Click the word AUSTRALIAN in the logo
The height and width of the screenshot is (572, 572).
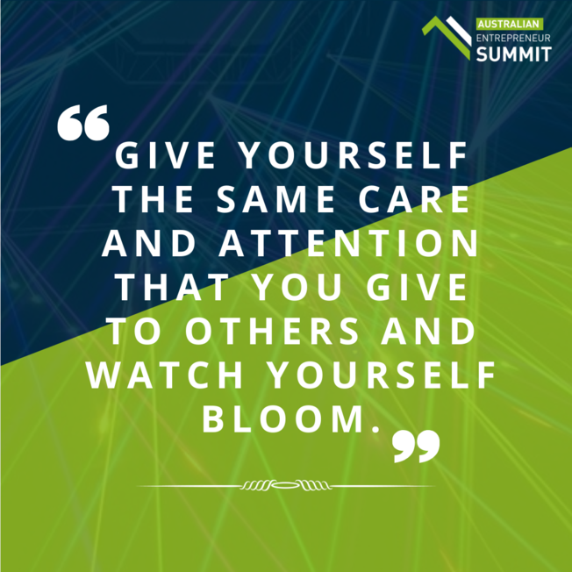508,23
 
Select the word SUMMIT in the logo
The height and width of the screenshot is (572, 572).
513,54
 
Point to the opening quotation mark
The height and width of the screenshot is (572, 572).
82,125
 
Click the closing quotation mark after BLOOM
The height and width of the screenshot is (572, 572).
415,447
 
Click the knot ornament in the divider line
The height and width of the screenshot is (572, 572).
285,485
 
